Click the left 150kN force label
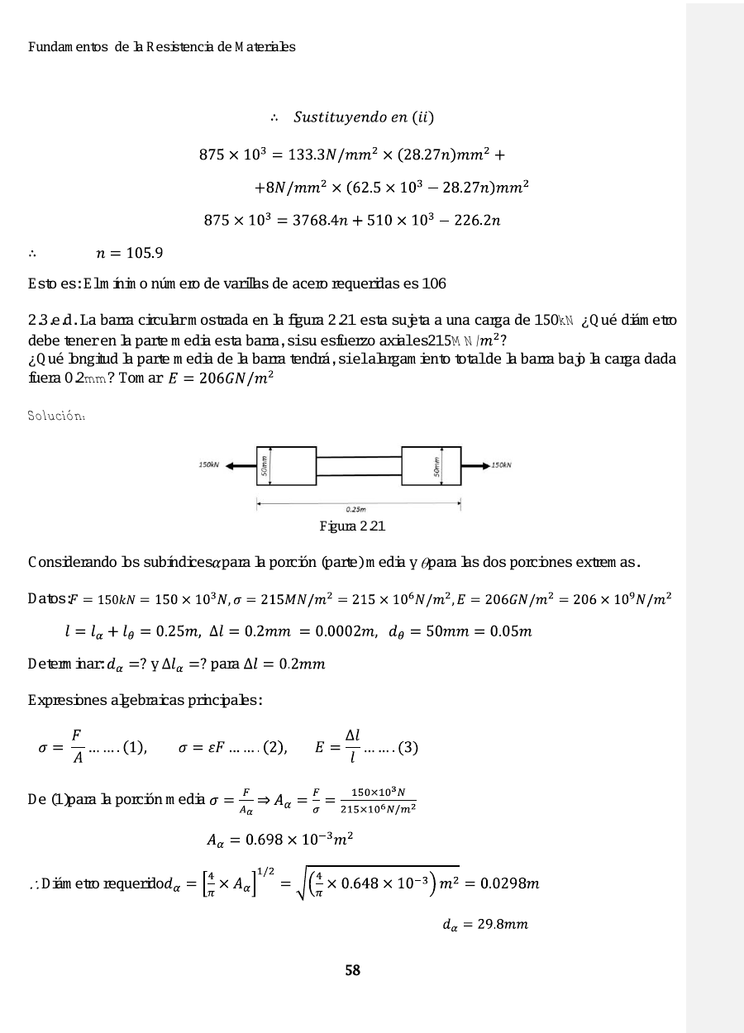coord(207,465)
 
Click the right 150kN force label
coord(501,465)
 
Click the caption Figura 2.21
coord(352,526)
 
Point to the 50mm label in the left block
coord(265,466)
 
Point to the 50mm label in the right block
coord(436,466)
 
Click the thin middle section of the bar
coord(359,466)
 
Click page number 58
coord(353,970)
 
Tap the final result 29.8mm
coord(484,924)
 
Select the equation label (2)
coord(274,749)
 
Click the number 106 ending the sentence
coord(434,284)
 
